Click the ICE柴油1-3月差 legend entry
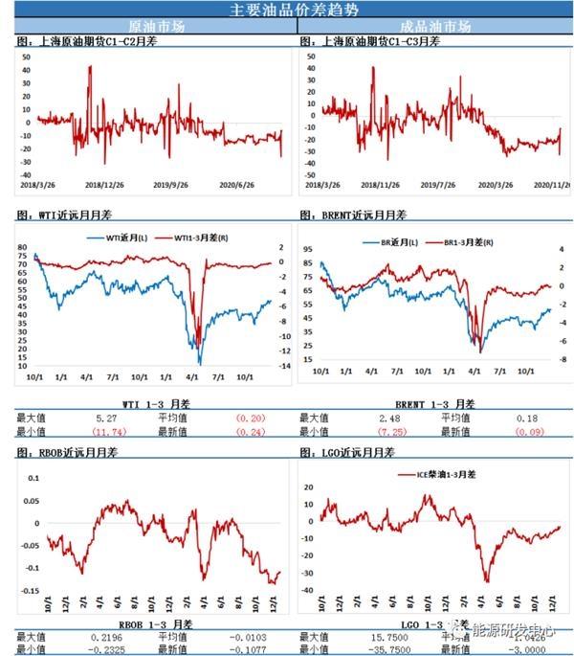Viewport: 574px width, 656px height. [442, 473]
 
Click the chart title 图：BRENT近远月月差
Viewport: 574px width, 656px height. [353, 215]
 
